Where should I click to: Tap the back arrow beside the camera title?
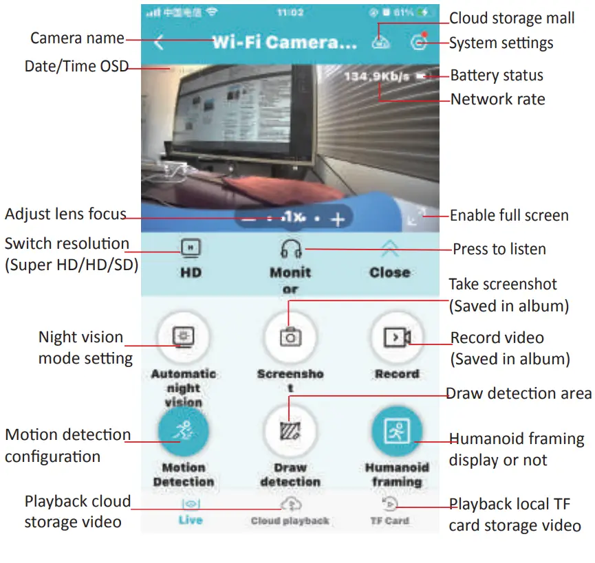(159, 43)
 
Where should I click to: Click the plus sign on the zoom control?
(337, 219)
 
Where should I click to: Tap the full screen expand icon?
(416, 217)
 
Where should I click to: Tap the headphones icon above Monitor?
(290, 248)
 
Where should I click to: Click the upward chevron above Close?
(389, 248)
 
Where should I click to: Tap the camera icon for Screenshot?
(290, 338)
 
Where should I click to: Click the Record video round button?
(396, 338)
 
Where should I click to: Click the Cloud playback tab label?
(290, 520)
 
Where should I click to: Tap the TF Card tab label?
(389, 520)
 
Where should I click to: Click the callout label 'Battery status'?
(497, 76)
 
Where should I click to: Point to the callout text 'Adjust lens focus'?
(65, 214)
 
